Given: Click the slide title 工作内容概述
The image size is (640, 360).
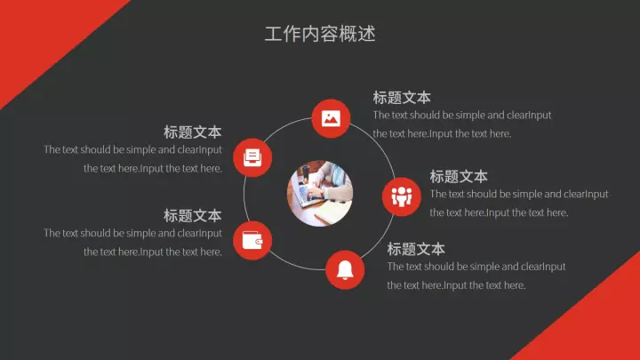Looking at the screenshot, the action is [320, 34].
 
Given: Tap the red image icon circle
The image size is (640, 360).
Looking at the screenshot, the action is [331, 118].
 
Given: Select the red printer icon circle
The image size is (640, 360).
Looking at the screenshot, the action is [252, 157].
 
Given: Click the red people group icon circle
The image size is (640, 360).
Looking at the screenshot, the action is [401, 196].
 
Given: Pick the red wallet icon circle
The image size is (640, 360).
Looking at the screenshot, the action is [252, 240].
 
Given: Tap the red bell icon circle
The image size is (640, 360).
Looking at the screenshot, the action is [345, 270].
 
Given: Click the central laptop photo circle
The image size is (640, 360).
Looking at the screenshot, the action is [320, 194].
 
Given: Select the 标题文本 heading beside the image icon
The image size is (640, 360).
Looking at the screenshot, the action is [402, 98].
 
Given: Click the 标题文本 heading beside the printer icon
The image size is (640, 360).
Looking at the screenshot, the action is [193, 132].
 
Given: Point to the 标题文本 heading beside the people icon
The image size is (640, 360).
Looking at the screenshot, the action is [459, 177].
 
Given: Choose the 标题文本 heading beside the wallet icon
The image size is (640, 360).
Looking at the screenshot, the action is [193, 216].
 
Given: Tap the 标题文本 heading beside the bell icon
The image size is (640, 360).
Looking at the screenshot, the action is [416, 249].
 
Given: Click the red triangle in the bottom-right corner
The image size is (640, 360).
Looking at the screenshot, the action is [596, 323].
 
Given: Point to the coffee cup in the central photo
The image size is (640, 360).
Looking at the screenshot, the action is [306, 175].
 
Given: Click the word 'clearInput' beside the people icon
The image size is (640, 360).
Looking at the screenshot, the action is [586, 195].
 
